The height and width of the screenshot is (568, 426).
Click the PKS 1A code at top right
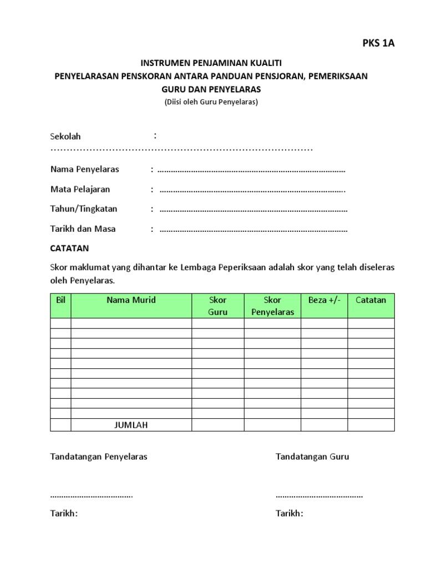point(379,44)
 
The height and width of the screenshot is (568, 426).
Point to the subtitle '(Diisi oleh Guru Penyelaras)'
point(211,102)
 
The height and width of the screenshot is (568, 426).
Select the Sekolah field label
point(65,136)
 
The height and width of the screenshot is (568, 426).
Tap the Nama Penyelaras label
point(84,169)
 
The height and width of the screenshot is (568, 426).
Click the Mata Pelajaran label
point(80,189)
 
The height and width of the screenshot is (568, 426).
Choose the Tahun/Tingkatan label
point(84,209)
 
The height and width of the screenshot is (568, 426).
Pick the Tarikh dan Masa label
point(83,229)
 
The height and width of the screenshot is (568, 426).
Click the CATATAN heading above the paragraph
point(69,248)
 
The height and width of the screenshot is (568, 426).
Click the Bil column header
point(60,300)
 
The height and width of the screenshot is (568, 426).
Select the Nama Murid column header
point(131,300)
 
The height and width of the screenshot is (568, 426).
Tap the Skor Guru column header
point(217,306)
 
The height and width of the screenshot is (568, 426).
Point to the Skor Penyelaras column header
point(272,306)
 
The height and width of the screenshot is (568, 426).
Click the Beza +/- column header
point(324,300)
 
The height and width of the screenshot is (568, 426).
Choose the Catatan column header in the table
point(371,300)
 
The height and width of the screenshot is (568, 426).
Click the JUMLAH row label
point(131,425)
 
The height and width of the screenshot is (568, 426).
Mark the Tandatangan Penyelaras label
point(99,457)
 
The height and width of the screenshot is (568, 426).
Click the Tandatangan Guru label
point(312,457)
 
